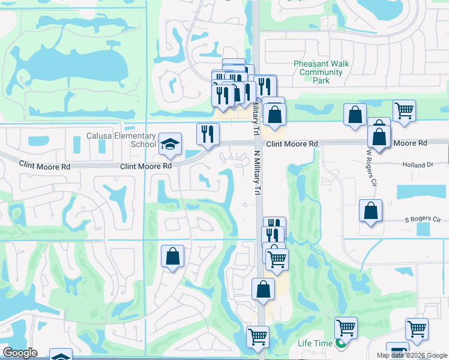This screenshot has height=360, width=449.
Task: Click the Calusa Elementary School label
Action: coord(122,140)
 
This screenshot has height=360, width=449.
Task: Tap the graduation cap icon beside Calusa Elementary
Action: coord(170,144)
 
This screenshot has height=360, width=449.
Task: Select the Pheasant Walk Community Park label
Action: coord(322,72)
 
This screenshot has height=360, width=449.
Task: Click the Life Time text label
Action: coord(315,343)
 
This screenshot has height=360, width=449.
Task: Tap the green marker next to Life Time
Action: coord(340,344)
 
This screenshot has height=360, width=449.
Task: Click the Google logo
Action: coord(20,353)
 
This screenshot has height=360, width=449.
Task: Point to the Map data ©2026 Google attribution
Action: coord(411,355)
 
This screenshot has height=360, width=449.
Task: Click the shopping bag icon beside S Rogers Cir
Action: coord(371,211)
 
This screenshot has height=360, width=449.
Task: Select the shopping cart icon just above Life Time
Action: coord(346,328)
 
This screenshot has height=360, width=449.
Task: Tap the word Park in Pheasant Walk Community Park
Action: coord(322,80)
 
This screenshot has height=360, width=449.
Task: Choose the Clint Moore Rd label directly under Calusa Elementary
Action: coord(146,166)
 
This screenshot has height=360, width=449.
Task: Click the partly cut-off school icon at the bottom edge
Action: coord(61,355)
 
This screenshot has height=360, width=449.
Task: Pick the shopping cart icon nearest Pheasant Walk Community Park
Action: coord(404,110)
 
